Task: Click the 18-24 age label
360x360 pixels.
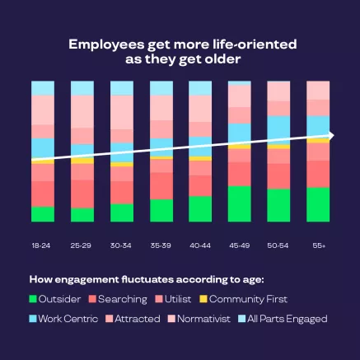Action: (42, 245)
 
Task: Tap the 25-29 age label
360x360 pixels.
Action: (82, 245)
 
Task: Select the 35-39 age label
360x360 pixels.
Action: (161, 245)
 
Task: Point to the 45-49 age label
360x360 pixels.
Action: (239, 245)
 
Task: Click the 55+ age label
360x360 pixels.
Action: (318, 245)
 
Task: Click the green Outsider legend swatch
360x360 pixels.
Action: (34, 299)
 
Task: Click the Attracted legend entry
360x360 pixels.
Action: (136, 318)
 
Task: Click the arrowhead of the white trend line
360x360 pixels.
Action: (330, 134)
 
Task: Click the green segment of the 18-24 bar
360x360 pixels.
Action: (42, 214)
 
